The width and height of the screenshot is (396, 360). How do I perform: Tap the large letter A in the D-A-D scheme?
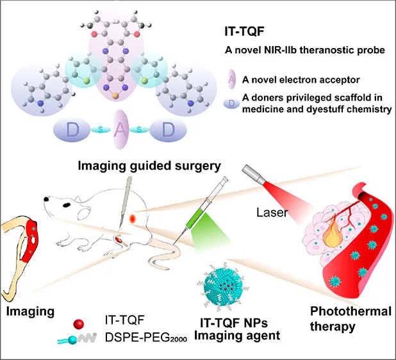coord(119,132)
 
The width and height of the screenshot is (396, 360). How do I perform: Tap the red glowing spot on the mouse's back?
coord(133,218)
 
